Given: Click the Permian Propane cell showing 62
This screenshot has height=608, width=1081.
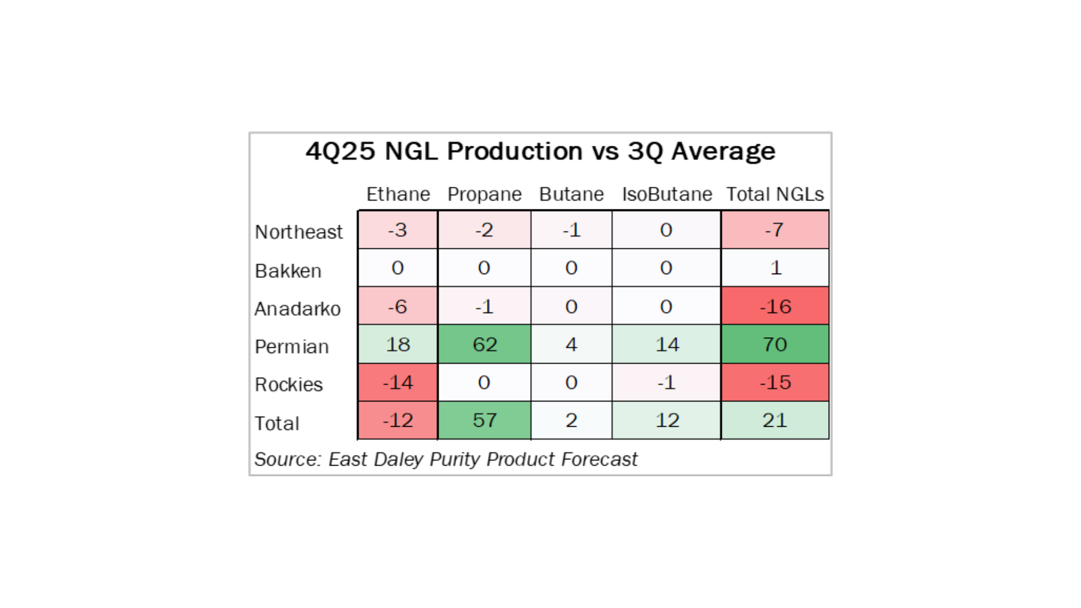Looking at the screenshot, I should coord(484,344).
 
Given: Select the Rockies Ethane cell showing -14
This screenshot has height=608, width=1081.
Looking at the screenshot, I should coord(397,382).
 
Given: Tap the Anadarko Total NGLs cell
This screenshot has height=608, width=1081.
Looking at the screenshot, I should coord(775,306).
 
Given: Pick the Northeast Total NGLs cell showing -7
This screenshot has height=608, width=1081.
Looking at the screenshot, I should coord(775,230).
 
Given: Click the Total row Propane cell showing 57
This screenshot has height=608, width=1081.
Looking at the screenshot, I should coord(484,420).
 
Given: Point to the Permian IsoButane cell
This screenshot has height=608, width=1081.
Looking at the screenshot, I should coord(667,344).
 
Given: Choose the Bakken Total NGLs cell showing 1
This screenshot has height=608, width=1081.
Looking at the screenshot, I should coord(775,268).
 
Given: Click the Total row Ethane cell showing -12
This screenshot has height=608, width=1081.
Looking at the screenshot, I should coord(397,420).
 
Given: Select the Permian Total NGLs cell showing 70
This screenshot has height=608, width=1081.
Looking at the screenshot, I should coord(775,344).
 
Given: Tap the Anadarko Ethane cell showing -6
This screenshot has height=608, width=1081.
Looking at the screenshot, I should coord(397,306).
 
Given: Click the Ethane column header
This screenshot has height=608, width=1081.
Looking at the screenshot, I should coord(398,194).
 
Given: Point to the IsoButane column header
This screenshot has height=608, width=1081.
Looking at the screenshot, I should coord(667,194).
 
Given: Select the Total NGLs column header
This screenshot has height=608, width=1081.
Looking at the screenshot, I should coord(775,194).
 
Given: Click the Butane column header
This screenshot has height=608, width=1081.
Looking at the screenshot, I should coord(571,194).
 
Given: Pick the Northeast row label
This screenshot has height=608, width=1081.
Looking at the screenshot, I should coord(298,232).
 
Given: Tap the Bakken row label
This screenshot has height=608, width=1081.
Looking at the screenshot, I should coord(288,271).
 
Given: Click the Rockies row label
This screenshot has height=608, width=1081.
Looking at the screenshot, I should coord(288,385).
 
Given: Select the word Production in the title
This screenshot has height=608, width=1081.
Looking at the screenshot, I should coord(515,151).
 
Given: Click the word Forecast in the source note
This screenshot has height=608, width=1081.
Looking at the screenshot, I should coord(599,459).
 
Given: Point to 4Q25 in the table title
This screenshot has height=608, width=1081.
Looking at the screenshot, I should coord(340,151).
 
